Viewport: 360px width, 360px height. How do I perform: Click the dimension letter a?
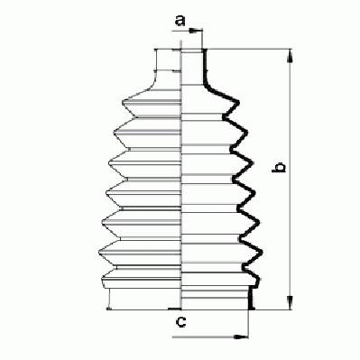180,21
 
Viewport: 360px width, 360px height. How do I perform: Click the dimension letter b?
278,167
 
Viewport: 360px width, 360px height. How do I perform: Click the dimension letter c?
180,322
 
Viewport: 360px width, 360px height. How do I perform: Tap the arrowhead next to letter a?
196,30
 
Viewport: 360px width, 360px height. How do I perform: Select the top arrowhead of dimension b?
290,56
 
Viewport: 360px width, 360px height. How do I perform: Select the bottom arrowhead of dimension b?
290,302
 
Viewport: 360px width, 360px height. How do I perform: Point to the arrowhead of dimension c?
242,337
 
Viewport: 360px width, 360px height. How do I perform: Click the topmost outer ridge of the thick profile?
237,102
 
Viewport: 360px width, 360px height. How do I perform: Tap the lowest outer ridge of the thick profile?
259,280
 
